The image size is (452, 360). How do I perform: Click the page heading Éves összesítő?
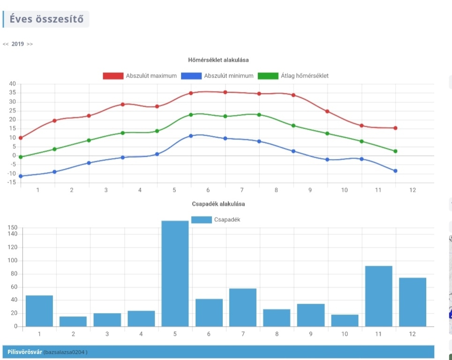coord(46,19)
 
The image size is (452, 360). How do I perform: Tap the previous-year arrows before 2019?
coord(6,44)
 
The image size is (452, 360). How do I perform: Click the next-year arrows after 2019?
coord(30,44)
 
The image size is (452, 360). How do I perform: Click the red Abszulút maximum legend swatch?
coord(113,76)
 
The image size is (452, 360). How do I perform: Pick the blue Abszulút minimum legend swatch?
coord(191,76)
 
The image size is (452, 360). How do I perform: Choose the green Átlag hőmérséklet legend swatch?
coord(268,76)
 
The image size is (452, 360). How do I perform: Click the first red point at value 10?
coord(21,138)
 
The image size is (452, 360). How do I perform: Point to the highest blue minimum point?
coord(191,136)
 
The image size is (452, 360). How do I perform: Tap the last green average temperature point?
coord(395,151)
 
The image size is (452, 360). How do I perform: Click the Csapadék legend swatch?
coord(201,220)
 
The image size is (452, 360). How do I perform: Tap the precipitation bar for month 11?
coord(378,296)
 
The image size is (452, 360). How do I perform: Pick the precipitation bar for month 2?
coord(73,321)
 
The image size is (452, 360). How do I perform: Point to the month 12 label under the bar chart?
coord(412,334)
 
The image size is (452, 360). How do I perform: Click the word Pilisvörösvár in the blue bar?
coord(25,352)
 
